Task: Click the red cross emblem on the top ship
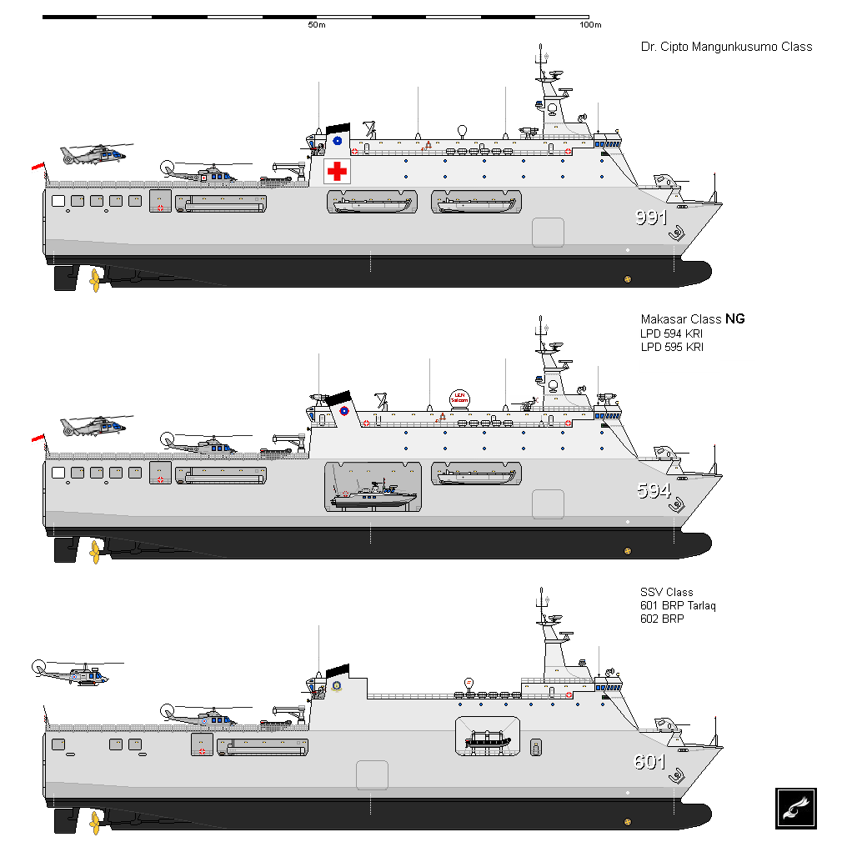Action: (x=337, y=171)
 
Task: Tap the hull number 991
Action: (x=651, y=218)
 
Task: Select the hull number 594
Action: (x=653, y=491)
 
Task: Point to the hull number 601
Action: (x=650, y=761)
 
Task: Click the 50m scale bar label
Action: (x=316, y=25)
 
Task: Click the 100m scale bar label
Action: (x=590, y=25)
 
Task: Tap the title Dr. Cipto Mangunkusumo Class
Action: (x=726, y=47)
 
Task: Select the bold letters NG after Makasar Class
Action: (x=734, y=318)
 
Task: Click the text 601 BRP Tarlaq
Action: (x=679, y=605)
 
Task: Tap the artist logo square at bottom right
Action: (x=795, y=808)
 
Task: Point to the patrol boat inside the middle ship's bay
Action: (x=373, y=497)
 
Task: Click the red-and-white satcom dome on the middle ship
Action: (x=459, y=398)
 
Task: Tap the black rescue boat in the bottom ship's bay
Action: (x=488, y=741)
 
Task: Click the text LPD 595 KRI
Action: (x=672, y=346)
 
